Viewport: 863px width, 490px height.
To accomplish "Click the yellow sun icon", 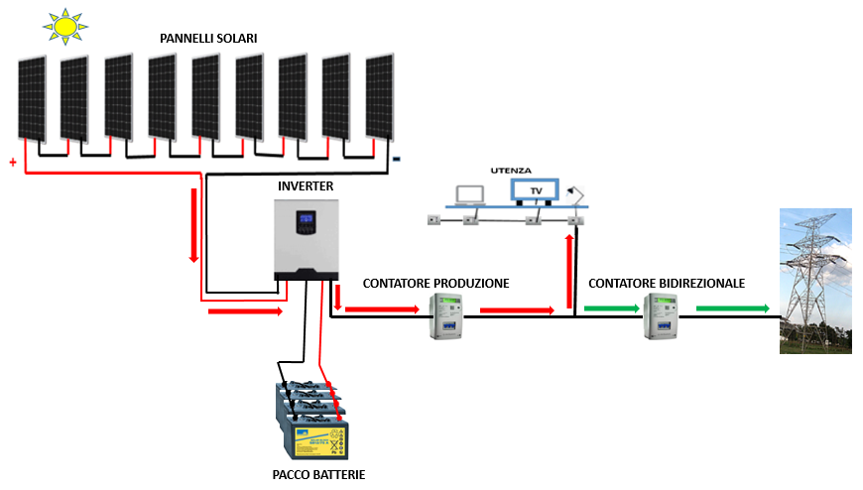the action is point(64,26).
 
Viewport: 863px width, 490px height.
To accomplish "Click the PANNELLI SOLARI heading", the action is point(208,39).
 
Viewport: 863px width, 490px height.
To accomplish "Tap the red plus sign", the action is point(13,163).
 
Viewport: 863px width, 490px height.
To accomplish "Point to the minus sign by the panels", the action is point(396,159).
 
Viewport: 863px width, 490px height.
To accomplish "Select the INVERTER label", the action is point(306,186).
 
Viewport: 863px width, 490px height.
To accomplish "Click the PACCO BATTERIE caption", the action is point(318,474).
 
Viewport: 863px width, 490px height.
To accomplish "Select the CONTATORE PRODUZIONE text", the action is point(435,284).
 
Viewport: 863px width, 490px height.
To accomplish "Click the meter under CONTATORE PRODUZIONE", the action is point(445,316).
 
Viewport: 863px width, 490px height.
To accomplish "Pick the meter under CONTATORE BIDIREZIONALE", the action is point(661,316).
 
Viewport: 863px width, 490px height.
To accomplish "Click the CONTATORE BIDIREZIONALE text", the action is point(667,284).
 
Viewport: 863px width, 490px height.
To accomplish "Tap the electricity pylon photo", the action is point(815,281).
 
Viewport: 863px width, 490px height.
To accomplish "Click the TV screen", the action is point(535,190).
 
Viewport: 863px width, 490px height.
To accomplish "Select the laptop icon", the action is point(470,196).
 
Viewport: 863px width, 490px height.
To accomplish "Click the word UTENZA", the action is point(511,171).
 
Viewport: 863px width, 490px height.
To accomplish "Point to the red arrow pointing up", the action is point(569,272).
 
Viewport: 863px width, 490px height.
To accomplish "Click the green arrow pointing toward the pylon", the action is point(733,308).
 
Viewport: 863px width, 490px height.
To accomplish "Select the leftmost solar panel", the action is point(32,99).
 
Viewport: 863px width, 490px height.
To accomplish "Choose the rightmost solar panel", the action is point(380,97).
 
